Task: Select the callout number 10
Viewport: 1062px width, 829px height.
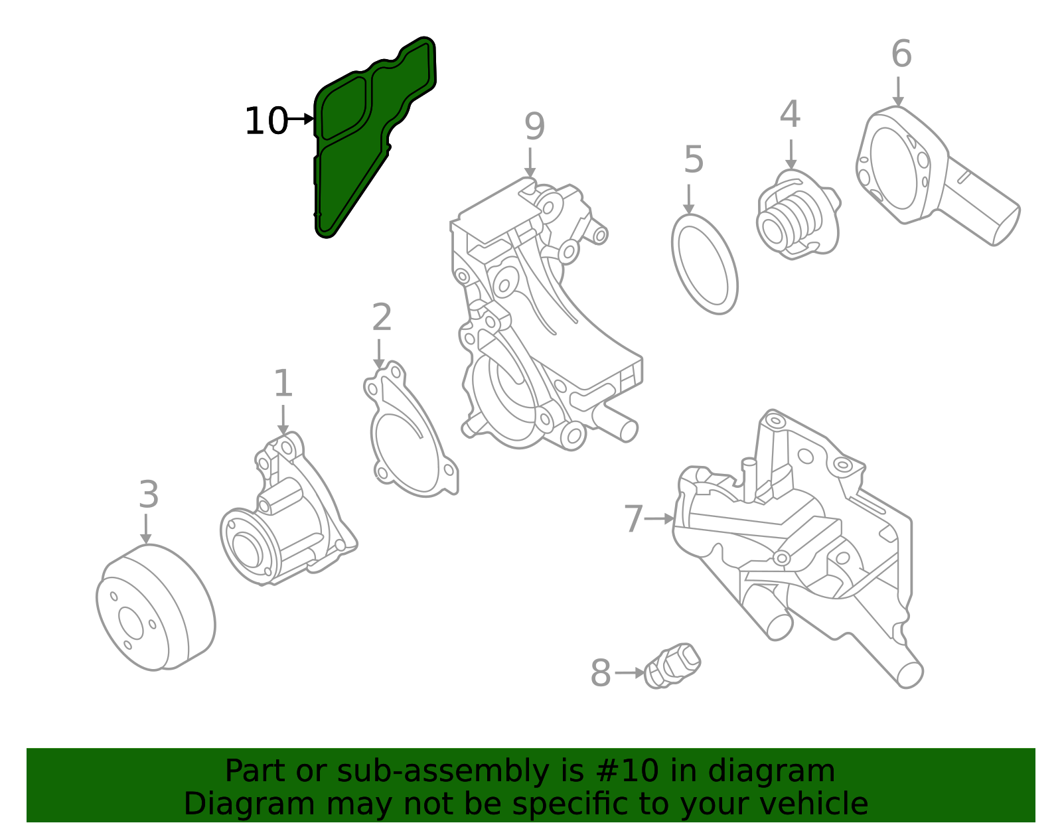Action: pos(265,121)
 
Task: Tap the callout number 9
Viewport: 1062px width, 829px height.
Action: pos(534,126)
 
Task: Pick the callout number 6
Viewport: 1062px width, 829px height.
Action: pos(901,54)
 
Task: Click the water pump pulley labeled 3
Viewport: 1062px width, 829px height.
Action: pos(156,607)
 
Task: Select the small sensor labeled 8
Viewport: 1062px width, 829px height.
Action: pos(672,666)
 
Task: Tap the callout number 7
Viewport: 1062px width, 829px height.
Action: pos(633,518)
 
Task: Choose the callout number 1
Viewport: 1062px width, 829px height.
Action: pos(283,384)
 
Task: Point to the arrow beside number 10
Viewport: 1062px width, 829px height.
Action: pos(301,119)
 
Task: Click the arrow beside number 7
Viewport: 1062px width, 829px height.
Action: pos(659,518)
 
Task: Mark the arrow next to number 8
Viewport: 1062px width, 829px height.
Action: pos(629,673)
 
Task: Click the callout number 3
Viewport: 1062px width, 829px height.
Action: pos(149,495)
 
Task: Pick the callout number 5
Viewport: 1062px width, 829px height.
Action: pos(693,160)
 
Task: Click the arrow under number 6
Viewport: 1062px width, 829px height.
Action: pos(898,91)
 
